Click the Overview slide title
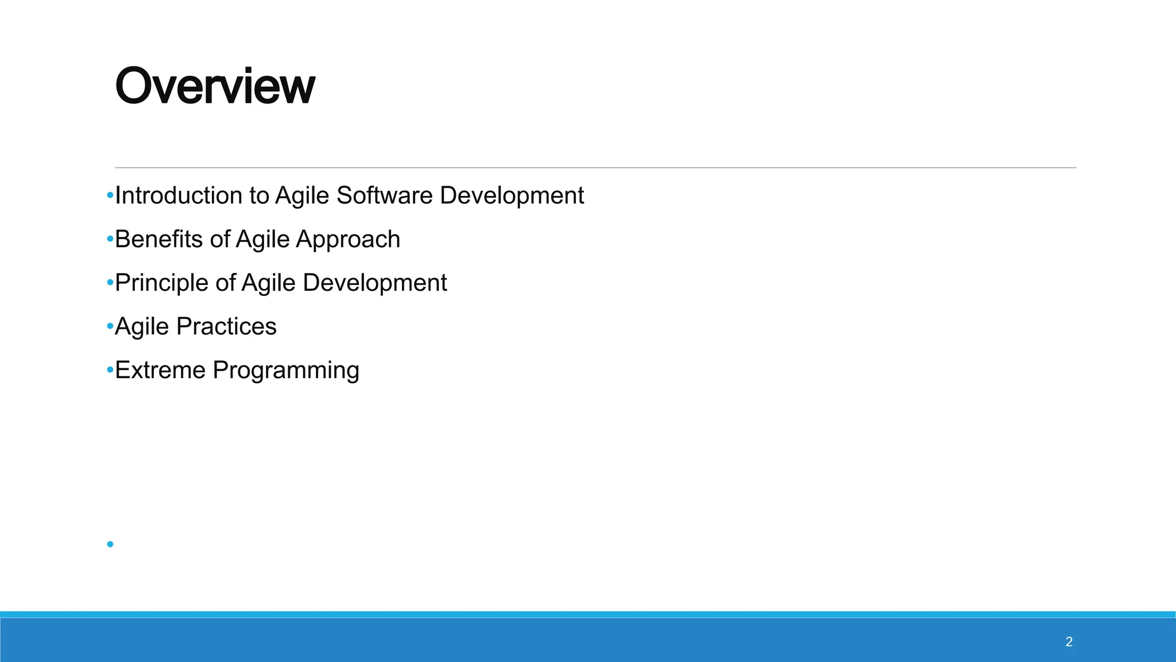pyautogui.click(x=215, y=86)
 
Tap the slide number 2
pyautogui.click(x=1069, y=642)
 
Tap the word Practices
pyautogui.click(x=226, y=326)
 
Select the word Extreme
pyautogui.click(x=160, y=370)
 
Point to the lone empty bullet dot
pyautogui.click(x=110, y=544)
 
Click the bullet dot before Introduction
pyautogui.click(x=110, y=196)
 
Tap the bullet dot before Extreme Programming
pyautogui.click(x=110, y=370)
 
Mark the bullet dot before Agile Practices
pyautogui.click(x=110, y=326)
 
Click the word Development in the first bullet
pyautogui.click(x=512, y=196)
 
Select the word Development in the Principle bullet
pyautogui.click(x=374, y=283)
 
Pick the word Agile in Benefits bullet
pyautogui.click(x=262, y=240)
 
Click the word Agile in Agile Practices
pyautogui.click(x=142, y=326)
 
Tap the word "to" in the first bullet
pyautogui.click(x=259, y=196)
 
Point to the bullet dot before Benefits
pyautogui.click(x=110, y=240)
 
